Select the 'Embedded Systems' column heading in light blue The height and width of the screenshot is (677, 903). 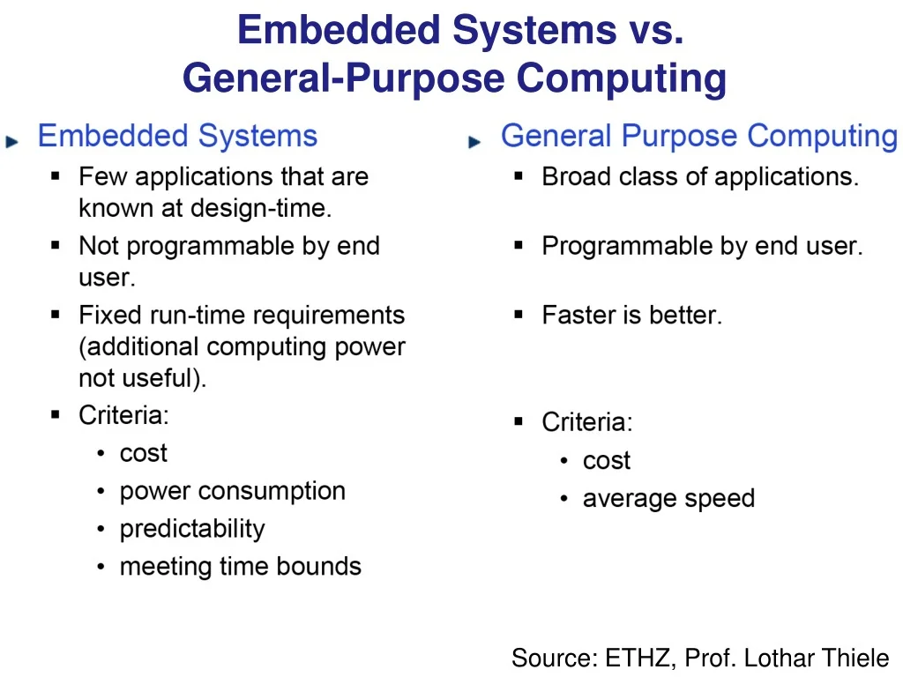pyautogui.click(x=177, y=137)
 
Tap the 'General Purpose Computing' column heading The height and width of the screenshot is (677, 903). pyautogui.click(x=698, y=137)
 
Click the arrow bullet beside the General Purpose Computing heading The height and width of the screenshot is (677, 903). pyautogui.click(x=474, y=141)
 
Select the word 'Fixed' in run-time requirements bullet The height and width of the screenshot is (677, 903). pyautogui.click(x=106, y=315)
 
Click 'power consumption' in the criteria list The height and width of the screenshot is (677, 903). pyautogui.click(x=232, y=491)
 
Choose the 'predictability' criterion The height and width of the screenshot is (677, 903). pyautogui.click(x=191, y=529)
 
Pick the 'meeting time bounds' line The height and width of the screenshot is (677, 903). pyautogui.click(x=240, y=566)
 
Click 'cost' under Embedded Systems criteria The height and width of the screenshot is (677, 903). pyautogui.click(x=143, y=453)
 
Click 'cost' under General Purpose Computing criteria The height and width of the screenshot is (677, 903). pyautogui.click(x=606, y=461)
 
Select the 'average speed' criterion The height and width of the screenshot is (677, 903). pyautogui.click(x=668, y=499)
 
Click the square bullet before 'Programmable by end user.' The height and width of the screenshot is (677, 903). pyautogui.click(x=519, y=246)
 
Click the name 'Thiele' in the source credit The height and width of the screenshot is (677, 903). pyautogui.click(x=854, y=658)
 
